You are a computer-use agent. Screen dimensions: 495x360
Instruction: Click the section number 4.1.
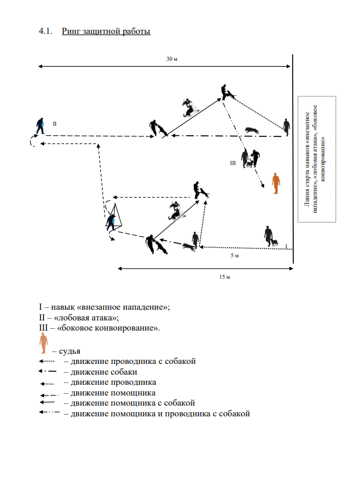(x=45, y=30)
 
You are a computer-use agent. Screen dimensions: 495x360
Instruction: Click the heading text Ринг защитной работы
(x=105, y=30)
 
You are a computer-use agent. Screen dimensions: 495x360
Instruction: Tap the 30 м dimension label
(x=172, y=59)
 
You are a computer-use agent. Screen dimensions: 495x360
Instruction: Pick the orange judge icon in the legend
(x=43, y=343)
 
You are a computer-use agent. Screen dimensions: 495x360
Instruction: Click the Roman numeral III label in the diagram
(x=234, y=162)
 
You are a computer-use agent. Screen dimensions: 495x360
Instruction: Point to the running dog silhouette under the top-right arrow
(x=251, y=129)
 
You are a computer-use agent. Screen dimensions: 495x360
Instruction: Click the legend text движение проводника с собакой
(x=133, y=361)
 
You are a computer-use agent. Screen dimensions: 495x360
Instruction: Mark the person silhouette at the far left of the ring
(x=40, y=126)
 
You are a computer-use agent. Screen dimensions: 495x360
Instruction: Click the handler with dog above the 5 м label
(x=270, y=235)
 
